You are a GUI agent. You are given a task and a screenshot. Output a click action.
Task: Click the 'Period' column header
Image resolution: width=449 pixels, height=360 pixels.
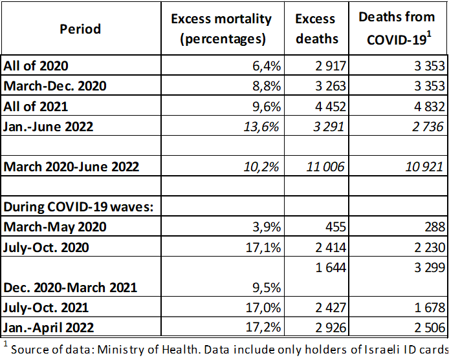point(80,29)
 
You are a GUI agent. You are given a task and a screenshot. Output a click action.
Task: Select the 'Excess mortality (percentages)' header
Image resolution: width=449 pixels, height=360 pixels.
point(221,29)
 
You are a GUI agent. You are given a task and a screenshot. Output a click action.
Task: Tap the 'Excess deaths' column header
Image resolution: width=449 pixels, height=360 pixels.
point(317,29)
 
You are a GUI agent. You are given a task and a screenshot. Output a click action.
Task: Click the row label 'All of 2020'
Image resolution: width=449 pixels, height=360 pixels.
point(36,65)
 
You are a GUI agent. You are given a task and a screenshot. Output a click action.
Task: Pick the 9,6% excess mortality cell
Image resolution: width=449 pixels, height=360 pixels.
point(265,107)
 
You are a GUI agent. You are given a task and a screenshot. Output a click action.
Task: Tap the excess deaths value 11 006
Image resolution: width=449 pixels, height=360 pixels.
point(326,167)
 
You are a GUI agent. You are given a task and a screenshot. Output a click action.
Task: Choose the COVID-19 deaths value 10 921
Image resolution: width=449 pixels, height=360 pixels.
point(421,167)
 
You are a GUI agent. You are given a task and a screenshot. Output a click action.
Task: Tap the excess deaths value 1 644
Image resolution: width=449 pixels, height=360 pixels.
point(330,266)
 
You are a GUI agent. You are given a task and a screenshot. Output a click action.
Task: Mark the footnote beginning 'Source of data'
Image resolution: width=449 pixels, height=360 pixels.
point(226,349)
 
